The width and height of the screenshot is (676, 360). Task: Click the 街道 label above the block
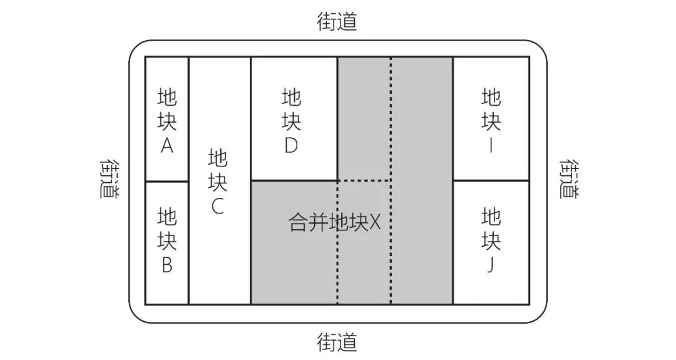[337, 21]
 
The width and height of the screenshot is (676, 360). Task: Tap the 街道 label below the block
[337, 342]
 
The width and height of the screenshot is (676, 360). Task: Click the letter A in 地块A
[167, 146]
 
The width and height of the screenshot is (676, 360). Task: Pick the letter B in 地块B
[167, 265]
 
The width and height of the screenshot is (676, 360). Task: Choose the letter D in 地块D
[291, 146]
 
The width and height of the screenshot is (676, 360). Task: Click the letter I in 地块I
[491, 146]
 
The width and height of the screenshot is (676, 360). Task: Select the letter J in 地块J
[491, 265]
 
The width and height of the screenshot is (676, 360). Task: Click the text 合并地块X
[334, 222]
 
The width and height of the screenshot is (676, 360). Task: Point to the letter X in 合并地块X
[375, 223]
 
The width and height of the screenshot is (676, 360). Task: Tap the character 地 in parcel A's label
[167, 97]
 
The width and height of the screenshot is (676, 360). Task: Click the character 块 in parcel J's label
[491, 240]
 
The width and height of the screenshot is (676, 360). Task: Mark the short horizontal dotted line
[364, 180]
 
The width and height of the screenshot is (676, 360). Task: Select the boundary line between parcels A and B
[167, 181]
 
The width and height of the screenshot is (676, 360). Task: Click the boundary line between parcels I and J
[491, 180]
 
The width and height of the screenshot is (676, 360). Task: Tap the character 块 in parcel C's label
[218, 181]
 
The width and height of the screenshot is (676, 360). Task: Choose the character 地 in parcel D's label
[292, 97]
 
